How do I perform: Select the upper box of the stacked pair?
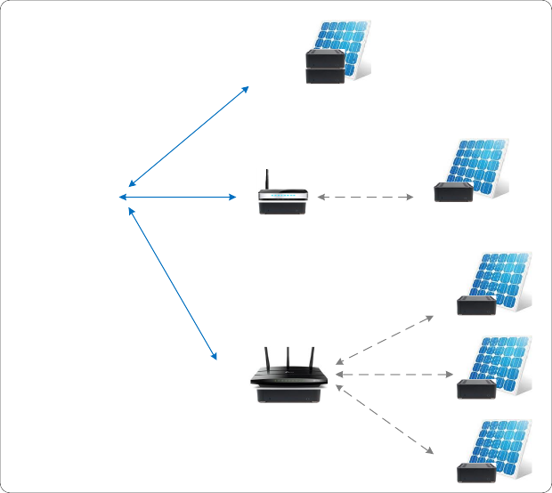pos(325,58)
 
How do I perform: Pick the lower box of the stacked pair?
pos(325,76)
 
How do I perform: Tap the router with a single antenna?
pos(283,203)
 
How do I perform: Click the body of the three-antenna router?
pos(289,388)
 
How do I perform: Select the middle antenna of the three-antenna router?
pos(288,360)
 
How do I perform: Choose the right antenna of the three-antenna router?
pos(312,358)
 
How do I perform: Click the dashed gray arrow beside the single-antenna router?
pos(365,197)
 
